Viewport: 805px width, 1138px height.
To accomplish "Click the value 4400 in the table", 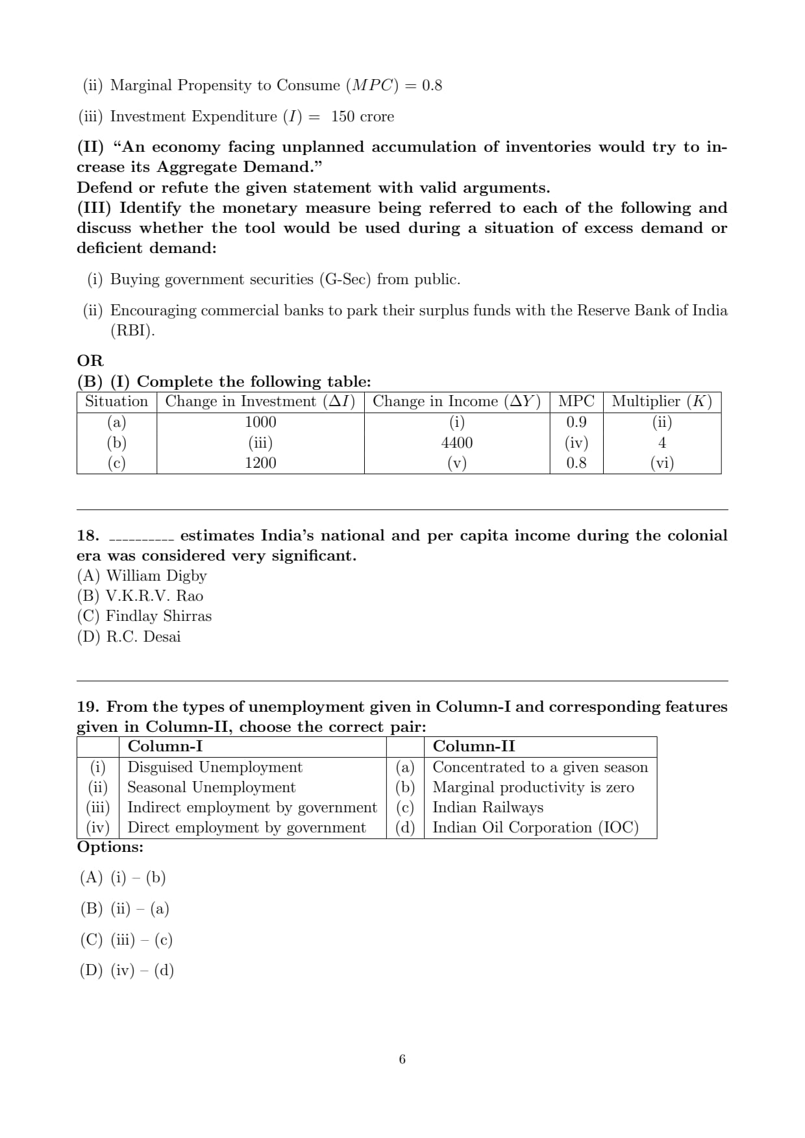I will coord(457,442).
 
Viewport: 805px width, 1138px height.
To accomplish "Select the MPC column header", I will coord(576,401).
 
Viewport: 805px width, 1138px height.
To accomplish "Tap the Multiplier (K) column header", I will coord(662,401).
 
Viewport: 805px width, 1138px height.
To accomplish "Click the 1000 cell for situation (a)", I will coord(260,422).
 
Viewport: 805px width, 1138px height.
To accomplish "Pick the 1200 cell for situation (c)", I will coord(260,463).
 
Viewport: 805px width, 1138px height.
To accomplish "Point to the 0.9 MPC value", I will coord(576,422).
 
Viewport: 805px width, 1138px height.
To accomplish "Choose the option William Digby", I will coord(142,575).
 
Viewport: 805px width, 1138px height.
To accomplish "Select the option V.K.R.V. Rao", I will coord(140,596).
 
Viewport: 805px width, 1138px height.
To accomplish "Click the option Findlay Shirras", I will coord(145,616).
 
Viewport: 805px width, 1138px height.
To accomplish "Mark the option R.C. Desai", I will coord(129,636).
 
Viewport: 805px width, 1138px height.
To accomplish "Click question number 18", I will coord(88,535).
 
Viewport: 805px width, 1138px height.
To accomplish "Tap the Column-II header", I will coord(474,746).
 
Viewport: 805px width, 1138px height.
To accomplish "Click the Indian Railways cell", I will coord(488,807).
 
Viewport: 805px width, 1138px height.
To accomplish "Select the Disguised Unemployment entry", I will coord(215,767).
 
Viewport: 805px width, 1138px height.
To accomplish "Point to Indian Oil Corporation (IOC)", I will coord(536,827).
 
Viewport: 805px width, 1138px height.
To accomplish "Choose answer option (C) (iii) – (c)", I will coord(127,939).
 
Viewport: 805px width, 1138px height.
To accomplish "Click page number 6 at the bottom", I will coord(402,1059).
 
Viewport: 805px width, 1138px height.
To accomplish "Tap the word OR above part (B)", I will coord(90,360).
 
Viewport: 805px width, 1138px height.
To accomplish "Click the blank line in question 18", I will coord(141,539).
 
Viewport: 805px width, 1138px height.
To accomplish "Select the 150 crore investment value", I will coord(362,116).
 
